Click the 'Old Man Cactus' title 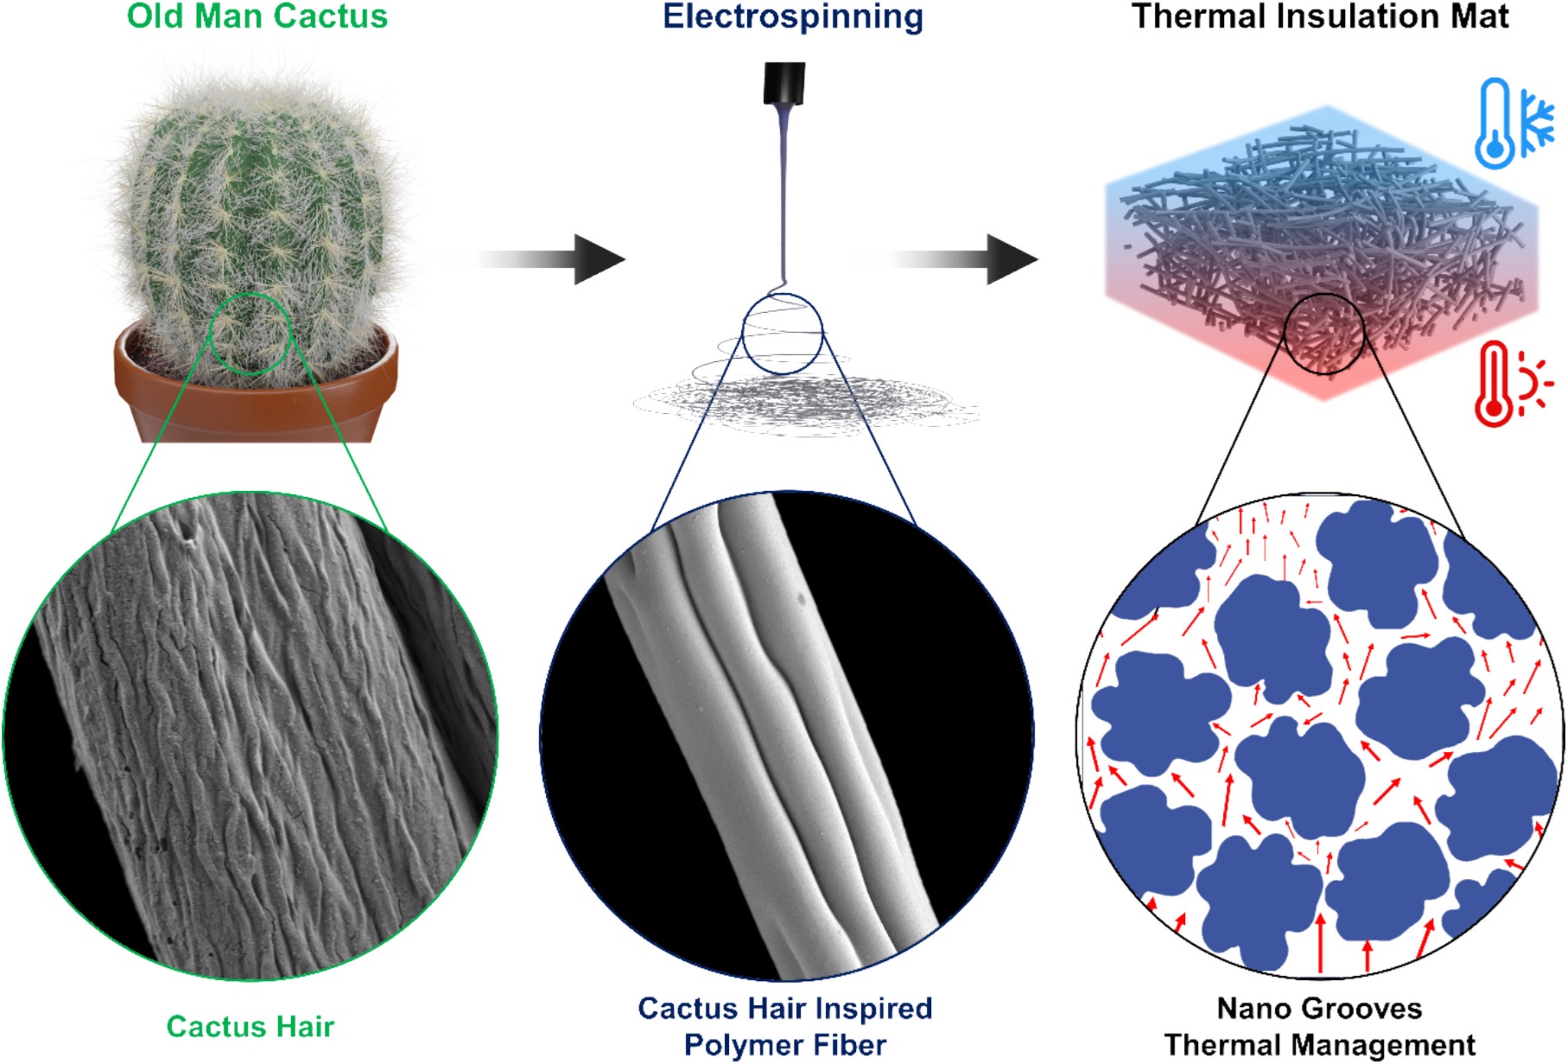[257, 16]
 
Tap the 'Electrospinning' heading [792, 16]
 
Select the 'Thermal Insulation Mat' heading [1319, 16]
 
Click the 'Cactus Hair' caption [250, 1026]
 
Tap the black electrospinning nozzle [784, 83]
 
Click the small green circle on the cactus [252, 333]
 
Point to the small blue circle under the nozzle [783, 334]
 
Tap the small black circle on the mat [1323, 334]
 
